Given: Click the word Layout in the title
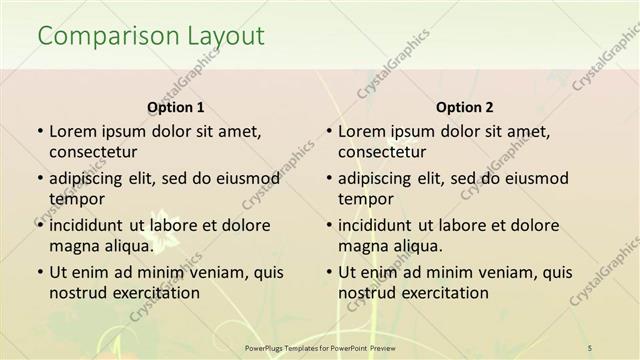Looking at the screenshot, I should [x=225, y=37].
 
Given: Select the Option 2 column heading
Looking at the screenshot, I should [x=464, y=107].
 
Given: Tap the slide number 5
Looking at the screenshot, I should [x=590, y=347].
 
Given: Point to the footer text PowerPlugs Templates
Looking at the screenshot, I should [x=290, y=347].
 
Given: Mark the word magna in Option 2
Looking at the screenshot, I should [x=362, y=245].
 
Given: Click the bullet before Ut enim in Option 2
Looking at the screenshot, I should [x=328, y=272].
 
